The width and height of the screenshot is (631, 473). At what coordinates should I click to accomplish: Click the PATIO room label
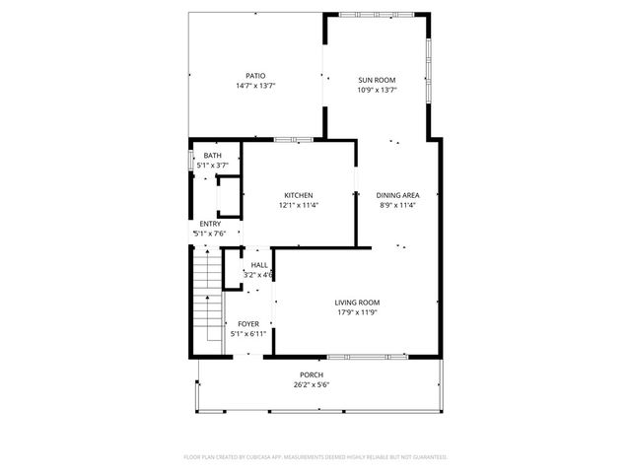[255, 76]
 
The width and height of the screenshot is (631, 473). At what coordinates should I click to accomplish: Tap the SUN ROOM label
[377, 79]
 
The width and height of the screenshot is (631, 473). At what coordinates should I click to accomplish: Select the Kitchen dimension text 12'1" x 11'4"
[298, 206]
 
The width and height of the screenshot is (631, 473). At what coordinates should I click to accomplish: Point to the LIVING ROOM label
[357, 303]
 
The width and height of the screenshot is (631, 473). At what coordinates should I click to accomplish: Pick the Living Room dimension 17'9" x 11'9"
[357, 313]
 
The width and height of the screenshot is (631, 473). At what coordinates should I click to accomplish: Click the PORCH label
[312, 374]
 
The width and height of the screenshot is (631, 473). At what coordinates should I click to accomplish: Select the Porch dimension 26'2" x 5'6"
[312, 385]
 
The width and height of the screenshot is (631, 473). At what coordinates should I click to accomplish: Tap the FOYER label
[248, 323]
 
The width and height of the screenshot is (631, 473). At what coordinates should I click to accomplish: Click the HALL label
[259, 265]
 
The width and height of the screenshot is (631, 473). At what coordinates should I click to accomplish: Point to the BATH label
[213, 156]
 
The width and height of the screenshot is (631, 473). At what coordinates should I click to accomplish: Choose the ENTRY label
[210, 224]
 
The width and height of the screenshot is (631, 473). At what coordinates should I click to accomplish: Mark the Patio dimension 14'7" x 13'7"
[255, 87]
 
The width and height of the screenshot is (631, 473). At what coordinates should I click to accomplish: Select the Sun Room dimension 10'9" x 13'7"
[377, 90]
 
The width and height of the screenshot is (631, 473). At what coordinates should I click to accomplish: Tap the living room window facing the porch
[365, 355]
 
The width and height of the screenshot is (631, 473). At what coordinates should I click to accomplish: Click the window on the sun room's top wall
[376, 13]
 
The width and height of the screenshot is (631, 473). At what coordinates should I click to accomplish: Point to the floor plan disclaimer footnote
[315, 457]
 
